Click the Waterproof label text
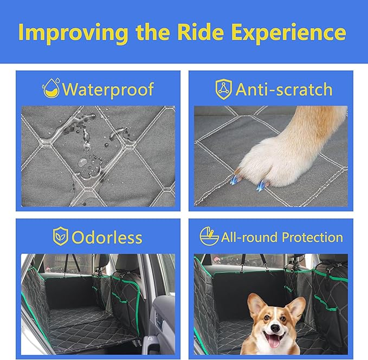point(108,89)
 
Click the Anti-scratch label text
point(283,89)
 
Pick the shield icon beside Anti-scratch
point(223,89)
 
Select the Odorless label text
point(106,237)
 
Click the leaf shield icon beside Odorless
point(60,237)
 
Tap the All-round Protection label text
point(282,237)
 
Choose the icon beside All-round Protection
point(209,236)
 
